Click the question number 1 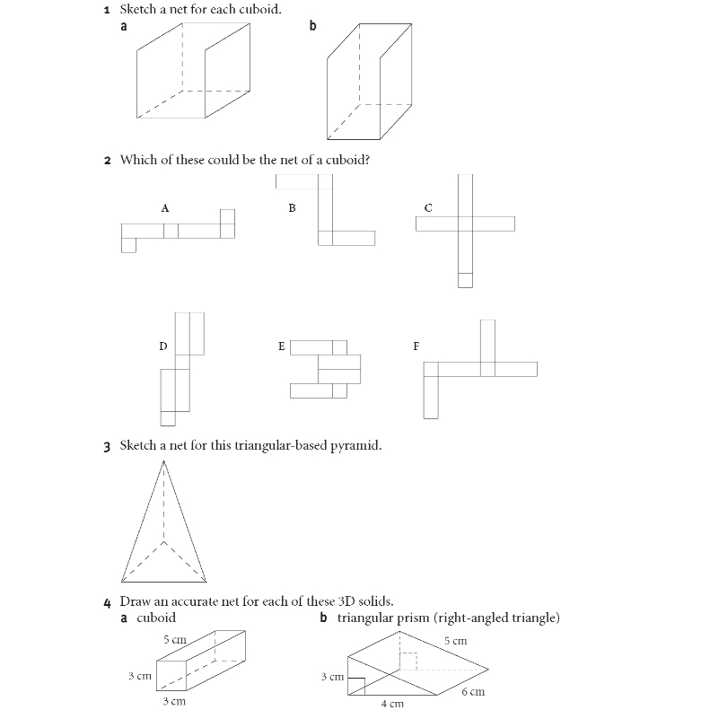click(x=107, y=10)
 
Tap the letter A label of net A click(x=165, y=207)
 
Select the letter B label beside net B click(x=292, y=207)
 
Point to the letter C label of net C click(x=428, y=207)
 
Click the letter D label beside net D click(x=162, y=346)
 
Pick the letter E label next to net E click(x=282, y=346)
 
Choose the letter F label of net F click(x=416, y=346)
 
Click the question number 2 click(x=107, y=161)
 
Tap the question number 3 click(x=107, y=445)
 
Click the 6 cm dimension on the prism click(x=473, y=692)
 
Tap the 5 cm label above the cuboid click(x=174, y=640)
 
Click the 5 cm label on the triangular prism click(x=455, y=641)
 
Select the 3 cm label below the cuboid click(x=173, y=700)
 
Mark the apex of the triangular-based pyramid click(x=163, y=460)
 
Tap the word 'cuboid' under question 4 click(x=156, y=618)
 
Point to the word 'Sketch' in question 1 click(x=139, y=10)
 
